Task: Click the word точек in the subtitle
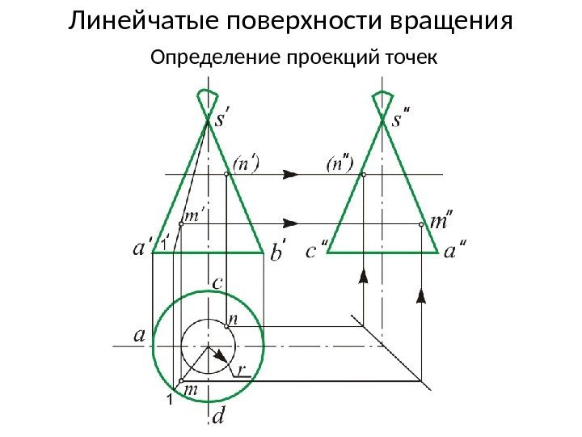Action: coord(411,58)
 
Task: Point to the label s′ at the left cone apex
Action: coord(225,121)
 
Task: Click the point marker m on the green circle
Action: coord(182,380)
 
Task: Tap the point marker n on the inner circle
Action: coord(226,326)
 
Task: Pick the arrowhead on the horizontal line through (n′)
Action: coord(292,173)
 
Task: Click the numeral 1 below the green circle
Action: coord(171,401)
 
